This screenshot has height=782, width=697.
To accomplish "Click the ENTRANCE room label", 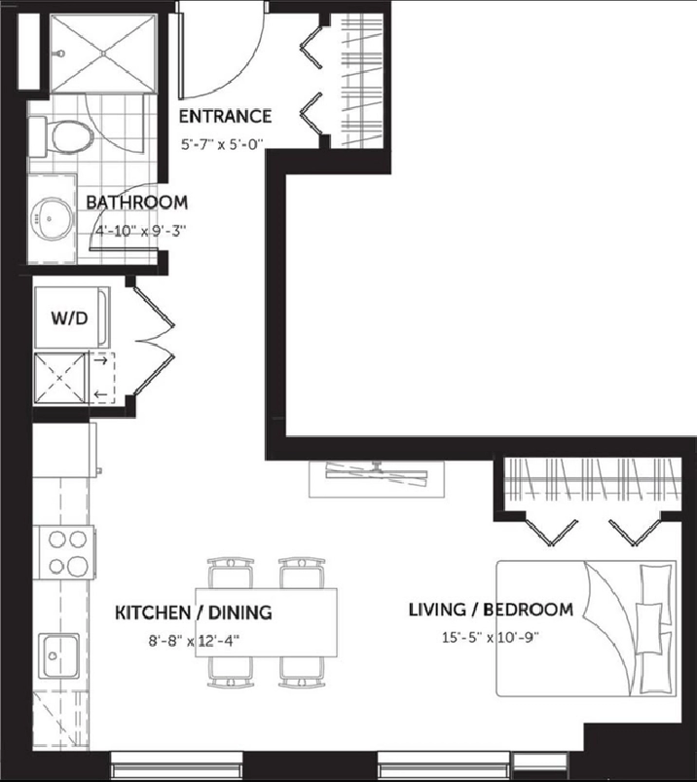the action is (x=225, y=116).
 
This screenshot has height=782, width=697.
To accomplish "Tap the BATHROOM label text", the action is (x=137, y=203).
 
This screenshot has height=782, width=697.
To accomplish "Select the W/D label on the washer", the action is (x=70, y=318).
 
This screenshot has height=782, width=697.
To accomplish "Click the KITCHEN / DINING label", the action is (x=194, y=613).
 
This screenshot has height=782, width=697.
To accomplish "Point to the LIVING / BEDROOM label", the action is (x=491, y=610).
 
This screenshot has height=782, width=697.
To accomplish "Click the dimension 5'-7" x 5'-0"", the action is (x=221, y=145).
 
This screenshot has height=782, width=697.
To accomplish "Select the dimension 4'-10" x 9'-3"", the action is (x=140, y=232).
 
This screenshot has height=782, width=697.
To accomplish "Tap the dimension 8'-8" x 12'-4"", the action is (x=194, y=641).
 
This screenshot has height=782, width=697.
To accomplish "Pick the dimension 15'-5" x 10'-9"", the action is (x=491, y=637).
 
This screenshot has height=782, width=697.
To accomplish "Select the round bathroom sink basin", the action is (x=51, y=218).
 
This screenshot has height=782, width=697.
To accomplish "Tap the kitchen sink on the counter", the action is (x=59, y=655).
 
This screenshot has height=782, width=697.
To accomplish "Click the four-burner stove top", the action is (x=66, y=552).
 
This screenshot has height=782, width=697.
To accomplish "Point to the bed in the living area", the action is (x=586, y=628).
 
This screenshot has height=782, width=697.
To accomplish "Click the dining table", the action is (x=266, y=623).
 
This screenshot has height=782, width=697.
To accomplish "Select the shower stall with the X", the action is (x=103, y=53).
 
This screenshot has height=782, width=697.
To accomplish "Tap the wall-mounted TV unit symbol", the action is (x=377, y=479).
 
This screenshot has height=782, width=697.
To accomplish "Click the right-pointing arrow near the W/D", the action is (x=101, y=360).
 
